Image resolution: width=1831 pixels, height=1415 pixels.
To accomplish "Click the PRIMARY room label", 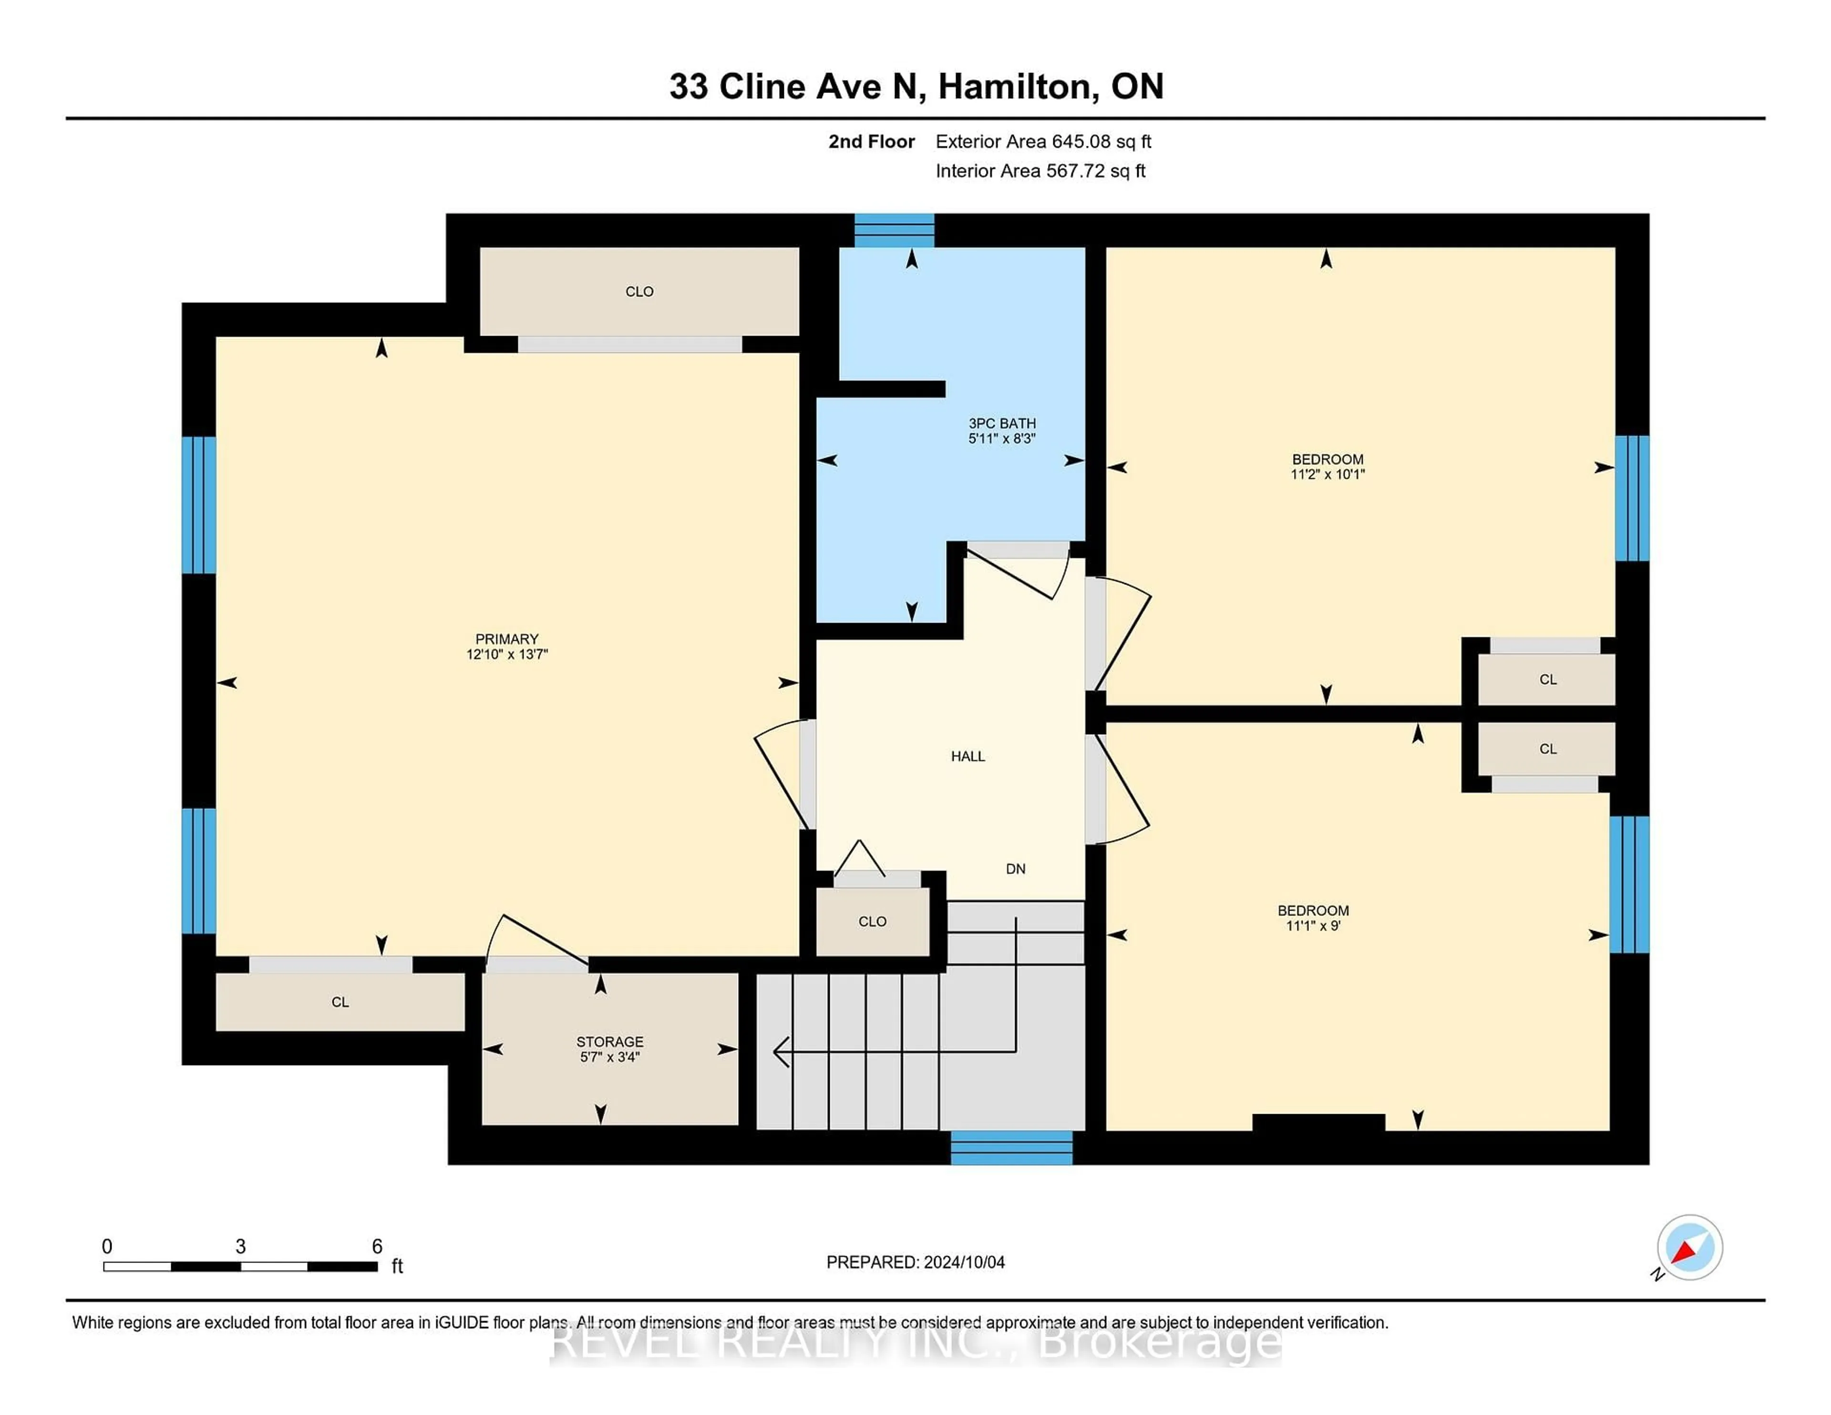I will pyautogui.click(x=506, y=639).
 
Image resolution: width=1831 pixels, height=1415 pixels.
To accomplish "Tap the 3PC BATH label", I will pyautogui.click(x=1002, y=423).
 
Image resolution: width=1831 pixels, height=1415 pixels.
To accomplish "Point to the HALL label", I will pyautogui.click(x=967, y=756).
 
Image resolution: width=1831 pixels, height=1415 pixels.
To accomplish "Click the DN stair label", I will pyautogui.click(x=1015, y=869).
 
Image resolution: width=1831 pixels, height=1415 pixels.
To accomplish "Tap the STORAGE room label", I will pyautogui.click(x=609, y=1042).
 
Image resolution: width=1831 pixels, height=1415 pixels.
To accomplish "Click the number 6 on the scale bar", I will pyautogui.click(x=377, y=1247).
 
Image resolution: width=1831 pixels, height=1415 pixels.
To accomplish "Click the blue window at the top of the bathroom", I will pyautogui.click(x=894, y=231).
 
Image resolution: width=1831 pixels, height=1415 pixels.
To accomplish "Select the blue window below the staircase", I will pyautogui.click(x=1011, y=1148).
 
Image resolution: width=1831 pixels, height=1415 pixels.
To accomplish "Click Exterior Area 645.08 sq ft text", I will pyautogui.click(x=1043, y=142).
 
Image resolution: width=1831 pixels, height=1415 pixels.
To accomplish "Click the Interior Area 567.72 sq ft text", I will pyautogui.click(x=1039, y=171).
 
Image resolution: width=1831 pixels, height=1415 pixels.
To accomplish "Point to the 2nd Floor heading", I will pyautogui.click(x=871, y=142).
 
